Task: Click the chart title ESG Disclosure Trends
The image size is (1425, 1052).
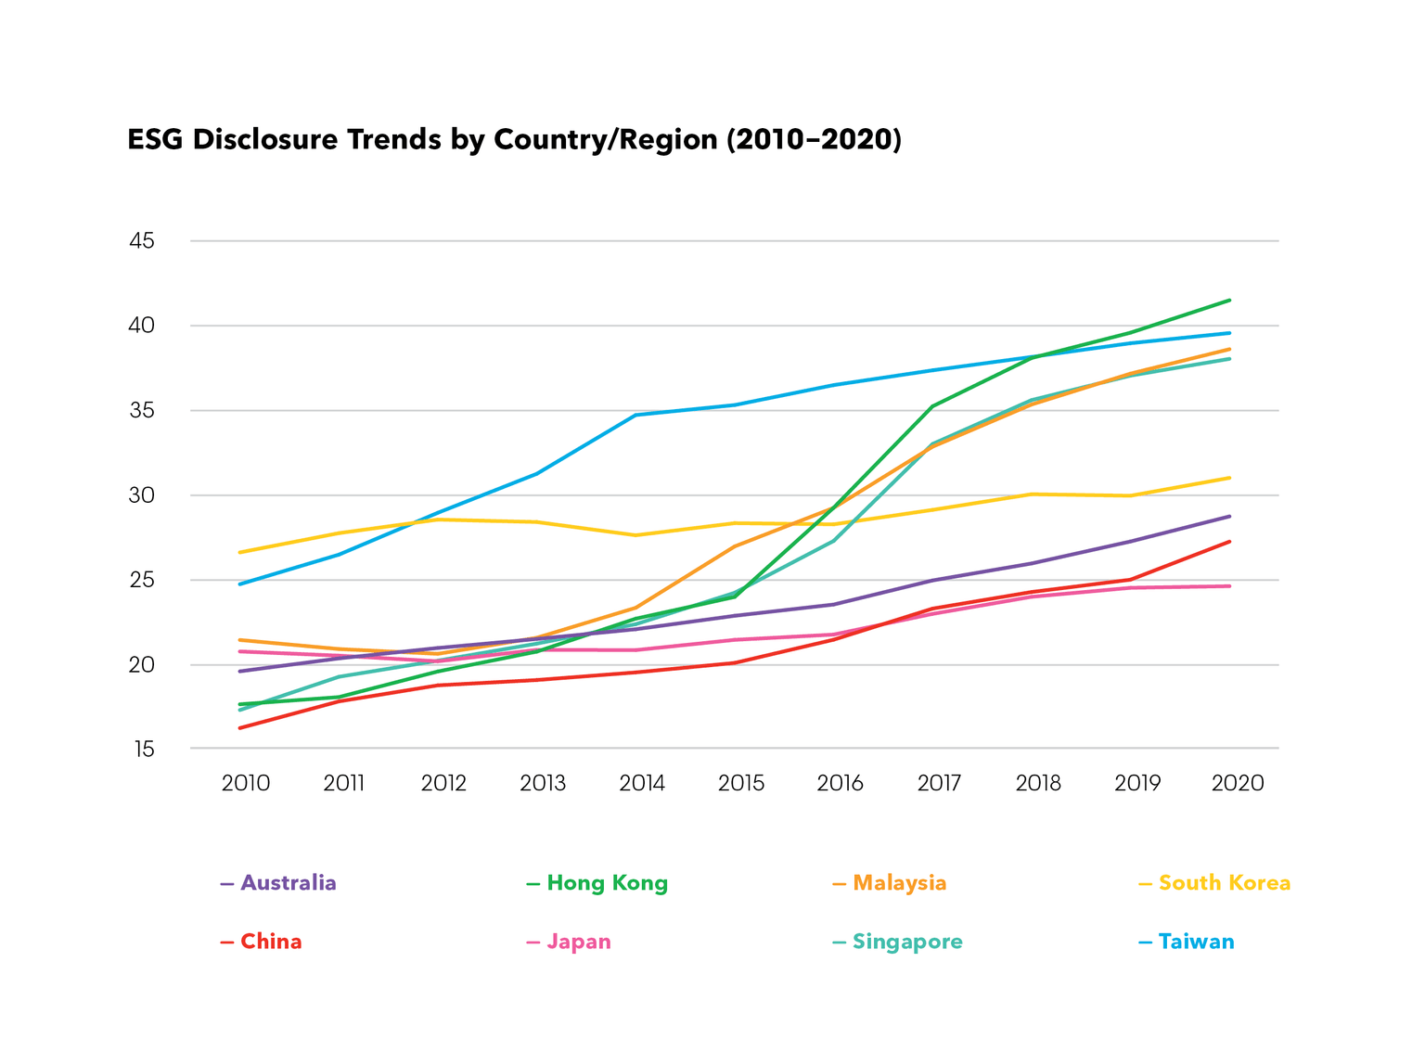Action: click(x=514, y=139)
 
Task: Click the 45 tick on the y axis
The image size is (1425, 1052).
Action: click(x=141, y=241)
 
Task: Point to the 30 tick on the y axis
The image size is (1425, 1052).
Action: click(x=141, y=495)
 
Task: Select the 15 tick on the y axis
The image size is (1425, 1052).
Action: click(x=143, y=749)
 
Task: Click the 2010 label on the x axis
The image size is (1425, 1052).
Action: click(x=246, y=783)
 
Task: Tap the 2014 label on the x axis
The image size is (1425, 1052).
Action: click(x=642, y=783)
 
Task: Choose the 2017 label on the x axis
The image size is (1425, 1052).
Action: click(x=939, y=783)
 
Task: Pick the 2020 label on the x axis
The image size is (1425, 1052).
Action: click(x=1238, y=783)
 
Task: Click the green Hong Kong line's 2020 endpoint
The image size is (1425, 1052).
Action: click(x=1230, y=300)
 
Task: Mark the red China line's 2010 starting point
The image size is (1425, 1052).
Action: click(x=239, y=728)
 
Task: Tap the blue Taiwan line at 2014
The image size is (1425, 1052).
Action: click(x=635, y=415)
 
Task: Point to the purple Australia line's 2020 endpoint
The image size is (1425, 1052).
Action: click(x=1230, y=516)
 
